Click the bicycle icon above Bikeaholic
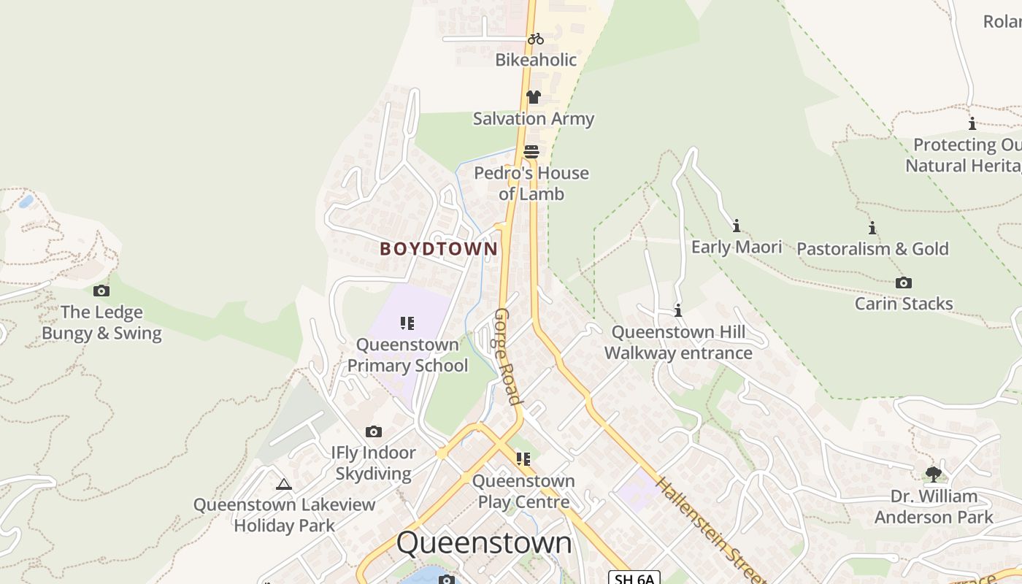(x=536, y=39)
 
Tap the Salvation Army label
(x=534, y=118)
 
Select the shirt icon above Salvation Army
(x=533, y=97)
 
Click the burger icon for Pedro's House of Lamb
(x=531, y=152)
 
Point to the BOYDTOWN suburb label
(x=439, y=249)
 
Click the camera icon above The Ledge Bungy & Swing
(x=101, y=291)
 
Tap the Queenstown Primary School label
(x=407, y=355)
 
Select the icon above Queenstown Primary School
(x=407, y=323)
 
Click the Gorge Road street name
(x=508, y=356)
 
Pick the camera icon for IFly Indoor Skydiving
(x=374, y=432)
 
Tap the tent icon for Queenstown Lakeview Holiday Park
(x=284, y=484)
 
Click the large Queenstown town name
(x=484, y=543)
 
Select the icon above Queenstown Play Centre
(x=523, y=459)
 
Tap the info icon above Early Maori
(x=737, y=226)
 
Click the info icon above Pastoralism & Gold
(x=872, y=228)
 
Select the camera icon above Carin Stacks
(x=904, y=283)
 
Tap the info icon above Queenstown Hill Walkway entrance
(x=678, y=311)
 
